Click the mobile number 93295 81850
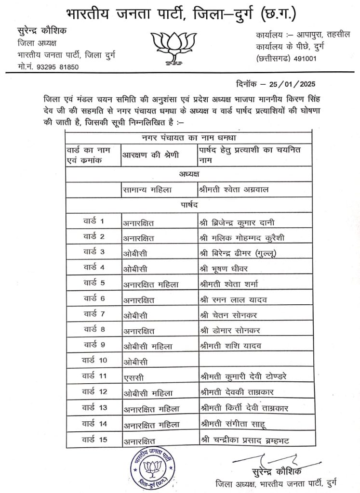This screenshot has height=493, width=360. pos(53,67)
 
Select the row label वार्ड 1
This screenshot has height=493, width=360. pos(93,222)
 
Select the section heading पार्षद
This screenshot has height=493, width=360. pos(188,206)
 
